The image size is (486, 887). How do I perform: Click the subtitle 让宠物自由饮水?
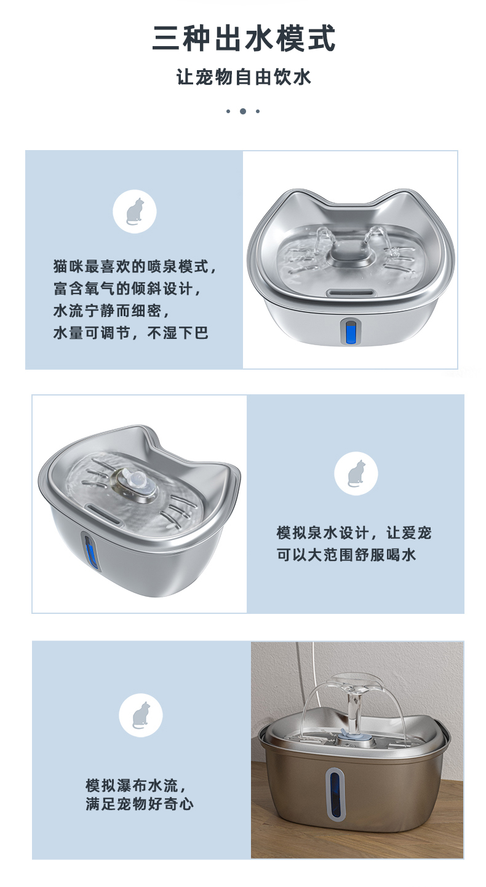(x=244, y=78)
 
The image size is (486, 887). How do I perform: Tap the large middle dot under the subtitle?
(x=243, y=111)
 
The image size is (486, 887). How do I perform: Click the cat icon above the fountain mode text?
(x=134, y=211)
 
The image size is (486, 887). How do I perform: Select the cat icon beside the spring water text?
(x=356, y=474)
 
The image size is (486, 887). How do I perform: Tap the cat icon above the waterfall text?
(x=141, y=715)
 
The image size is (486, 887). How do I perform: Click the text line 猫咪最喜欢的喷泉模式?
(x=135, y=267)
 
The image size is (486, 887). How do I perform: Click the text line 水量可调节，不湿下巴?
(x=131, y=333)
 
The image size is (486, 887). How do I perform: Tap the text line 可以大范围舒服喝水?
(x=346, y=555)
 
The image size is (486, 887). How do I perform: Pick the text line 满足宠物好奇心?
(x=140, y=804)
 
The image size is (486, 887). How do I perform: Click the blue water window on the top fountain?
(x=351, y=332)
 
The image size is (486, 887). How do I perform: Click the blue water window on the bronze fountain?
(x=336, y=793)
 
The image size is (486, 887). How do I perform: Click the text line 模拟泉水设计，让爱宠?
(x=354, y=533)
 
